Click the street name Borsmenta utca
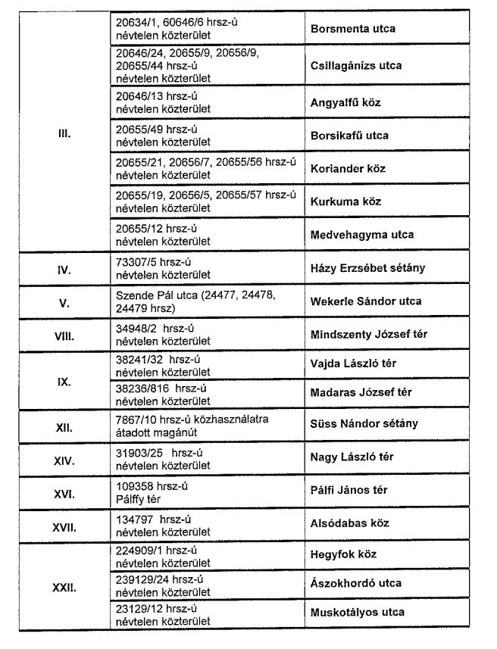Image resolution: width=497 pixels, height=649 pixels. pos(353,29)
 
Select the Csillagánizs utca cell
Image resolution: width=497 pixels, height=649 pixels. pos(356,66)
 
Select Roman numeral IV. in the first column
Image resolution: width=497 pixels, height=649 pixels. pos(64,269)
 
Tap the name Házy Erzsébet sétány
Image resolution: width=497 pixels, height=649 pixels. pos(367,268)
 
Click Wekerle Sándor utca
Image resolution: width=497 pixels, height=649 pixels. pos(366,301)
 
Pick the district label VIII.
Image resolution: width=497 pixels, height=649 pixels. pos(64,335)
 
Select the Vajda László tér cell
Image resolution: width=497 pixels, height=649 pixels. pos(353,364)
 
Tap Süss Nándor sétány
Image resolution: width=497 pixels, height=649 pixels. pos(364,424)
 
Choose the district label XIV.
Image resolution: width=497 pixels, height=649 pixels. pos(64,460)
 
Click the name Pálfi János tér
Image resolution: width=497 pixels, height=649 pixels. pos(349,490)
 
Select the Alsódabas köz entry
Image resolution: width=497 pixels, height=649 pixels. pos(349,523)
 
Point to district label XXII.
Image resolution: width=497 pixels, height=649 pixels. pos(64,587)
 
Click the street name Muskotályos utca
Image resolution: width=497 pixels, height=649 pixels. pos(358,612)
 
